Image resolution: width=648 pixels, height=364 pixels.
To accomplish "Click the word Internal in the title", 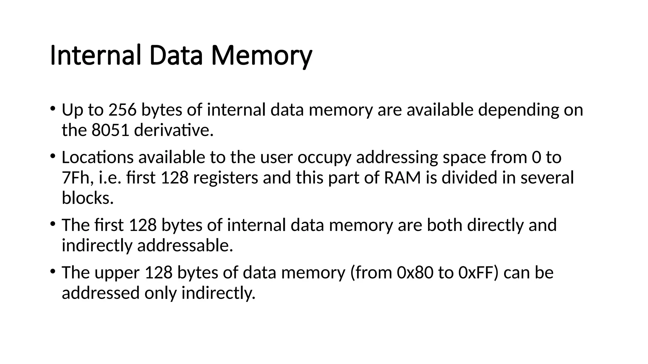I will [95, 56].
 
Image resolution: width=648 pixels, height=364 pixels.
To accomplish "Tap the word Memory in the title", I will [261, 56].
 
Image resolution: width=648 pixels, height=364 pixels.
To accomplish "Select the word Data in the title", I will [176, 56].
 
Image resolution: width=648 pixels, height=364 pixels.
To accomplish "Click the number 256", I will [122, 110].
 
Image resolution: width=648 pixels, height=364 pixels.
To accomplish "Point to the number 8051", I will [110, 130].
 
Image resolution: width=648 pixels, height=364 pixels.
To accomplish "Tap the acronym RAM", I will [402, 178].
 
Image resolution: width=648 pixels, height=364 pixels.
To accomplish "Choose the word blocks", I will [88, 198].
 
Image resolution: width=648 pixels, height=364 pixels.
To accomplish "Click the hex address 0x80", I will [415, 273].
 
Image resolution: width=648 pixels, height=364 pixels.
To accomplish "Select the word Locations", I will [97, 157].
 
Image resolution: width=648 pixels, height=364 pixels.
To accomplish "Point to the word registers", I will [226, 178].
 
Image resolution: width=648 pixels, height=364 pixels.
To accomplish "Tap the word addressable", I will [185, 246].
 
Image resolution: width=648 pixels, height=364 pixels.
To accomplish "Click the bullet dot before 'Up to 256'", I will [53, 108].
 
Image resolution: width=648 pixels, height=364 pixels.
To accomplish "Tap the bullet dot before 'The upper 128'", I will [53, 271].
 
